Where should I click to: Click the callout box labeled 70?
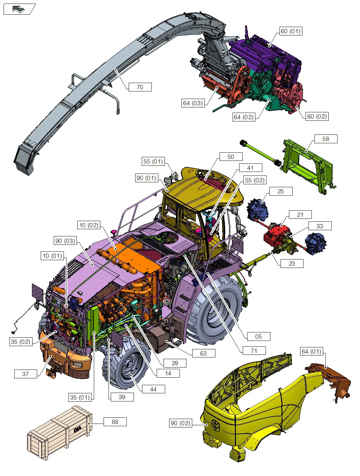point(140,87)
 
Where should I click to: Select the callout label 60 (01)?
point(291,31)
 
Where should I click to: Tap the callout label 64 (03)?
point(193,103)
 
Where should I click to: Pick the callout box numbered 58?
point(325,139)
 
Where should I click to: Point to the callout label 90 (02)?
point(180,423)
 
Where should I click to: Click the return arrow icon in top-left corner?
point(19,9)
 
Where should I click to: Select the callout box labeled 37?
point(26,374)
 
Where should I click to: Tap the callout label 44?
point(153,389)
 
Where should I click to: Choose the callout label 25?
point(281,191)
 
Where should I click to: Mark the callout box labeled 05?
point(258,337)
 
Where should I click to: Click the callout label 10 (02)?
point(89,225)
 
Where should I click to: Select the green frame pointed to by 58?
point(306,166)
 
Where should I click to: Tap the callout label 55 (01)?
point(153,161)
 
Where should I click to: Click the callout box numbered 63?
point(203,354)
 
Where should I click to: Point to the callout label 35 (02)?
point(21,342)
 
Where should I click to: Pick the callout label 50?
point(231,157)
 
